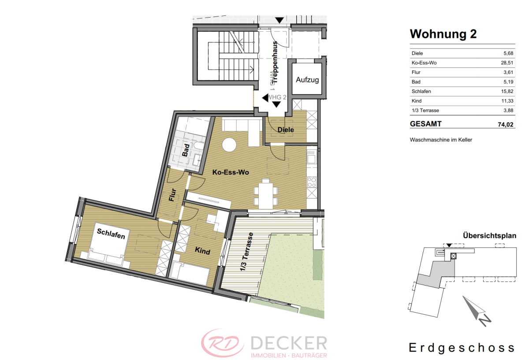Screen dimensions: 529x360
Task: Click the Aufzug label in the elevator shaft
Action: [307, 80]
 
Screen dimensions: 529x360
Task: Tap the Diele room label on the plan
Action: [286, 130]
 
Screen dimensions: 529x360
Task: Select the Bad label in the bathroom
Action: [186, 150]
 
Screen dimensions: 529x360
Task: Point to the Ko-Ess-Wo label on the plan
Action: [231, 172]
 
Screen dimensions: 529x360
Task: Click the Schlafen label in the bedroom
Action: [111, 234]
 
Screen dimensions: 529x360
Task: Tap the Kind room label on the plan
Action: [202, 250]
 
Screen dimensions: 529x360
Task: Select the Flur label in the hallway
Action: [173, 195]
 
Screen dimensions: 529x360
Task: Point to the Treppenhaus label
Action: [275, 62]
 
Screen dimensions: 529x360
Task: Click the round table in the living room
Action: [229, 145]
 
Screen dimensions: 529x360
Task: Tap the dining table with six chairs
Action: [266, 193]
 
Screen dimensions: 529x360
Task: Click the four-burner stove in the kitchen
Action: [312, 182]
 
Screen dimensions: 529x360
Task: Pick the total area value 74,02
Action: [505, 125]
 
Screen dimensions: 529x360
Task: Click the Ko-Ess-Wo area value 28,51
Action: [507, 63]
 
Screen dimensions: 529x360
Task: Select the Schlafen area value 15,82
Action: [507, 91]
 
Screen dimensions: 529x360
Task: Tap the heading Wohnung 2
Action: [443, 34]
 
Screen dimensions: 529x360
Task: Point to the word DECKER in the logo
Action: [289, 343]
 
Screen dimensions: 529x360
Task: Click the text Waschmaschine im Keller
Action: [441, 140]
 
